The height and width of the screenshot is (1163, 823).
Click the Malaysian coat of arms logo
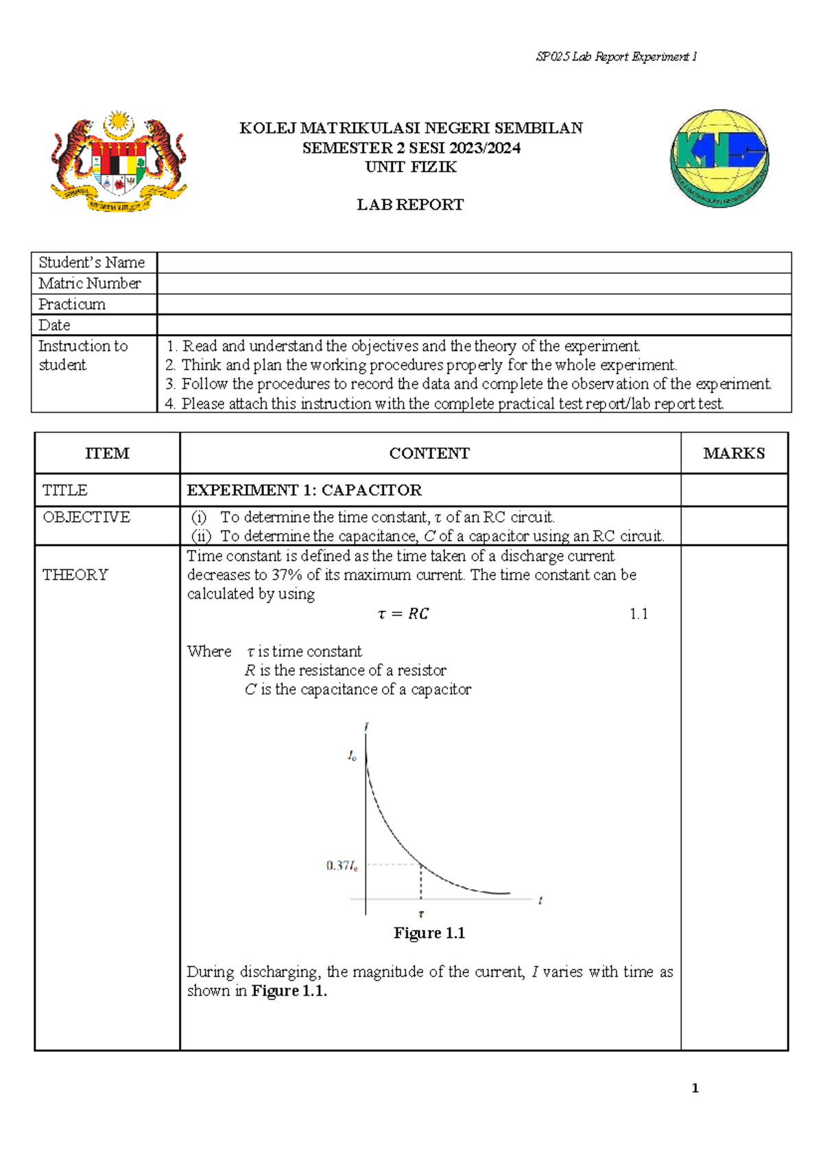coord(119,162)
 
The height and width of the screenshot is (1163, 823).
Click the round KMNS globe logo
coord(719,158)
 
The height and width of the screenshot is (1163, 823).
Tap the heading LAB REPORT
coord(410,205)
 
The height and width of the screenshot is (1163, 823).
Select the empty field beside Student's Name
coord(473,263)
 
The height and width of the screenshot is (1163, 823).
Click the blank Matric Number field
coord(473,284)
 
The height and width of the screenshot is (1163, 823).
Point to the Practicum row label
coord(72,304)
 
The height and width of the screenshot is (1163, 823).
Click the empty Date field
coord(473,325)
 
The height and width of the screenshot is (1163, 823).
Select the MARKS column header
coord(734,453)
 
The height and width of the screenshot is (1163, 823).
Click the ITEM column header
coord(107,453)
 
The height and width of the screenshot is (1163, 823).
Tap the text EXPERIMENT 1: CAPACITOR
coord(304,490)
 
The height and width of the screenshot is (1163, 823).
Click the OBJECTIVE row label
coord(86,517)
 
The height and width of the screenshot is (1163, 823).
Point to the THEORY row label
coord(75,575)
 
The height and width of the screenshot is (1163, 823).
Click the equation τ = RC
coord(403,614)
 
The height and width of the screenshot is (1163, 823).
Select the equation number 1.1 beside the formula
coord(639,614)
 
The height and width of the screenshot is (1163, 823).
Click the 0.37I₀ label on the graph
coord(342,866)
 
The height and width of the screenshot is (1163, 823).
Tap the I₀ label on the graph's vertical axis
coord(352,756)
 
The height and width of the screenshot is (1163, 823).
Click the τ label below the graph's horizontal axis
coord(421,913)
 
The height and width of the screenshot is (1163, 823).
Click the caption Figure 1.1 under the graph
coord(429,933)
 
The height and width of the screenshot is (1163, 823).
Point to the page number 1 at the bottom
coord(695,1088)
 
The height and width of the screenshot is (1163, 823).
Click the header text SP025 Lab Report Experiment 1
coord(616,57)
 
